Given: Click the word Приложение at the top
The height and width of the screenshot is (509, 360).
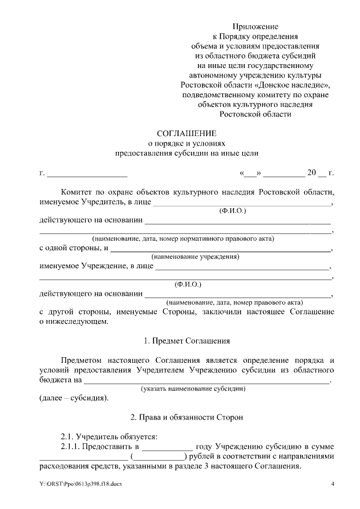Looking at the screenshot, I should click(x=256, y=26).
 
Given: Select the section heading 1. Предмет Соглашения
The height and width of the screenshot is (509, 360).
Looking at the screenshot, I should click(x=187, y=340).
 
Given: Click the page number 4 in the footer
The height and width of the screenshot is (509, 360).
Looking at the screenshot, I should click(x=332, y=484).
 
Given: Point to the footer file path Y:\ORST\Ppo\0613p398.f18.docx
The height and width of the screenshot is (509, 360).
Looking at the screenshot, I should click(x=80, y=484).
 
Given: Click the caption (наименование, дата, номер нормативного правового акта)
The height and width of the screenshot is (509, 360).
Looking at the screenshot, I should click(x=183, y=238).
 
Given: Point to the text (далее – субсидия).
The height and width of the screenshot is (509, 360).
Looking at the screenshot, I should click(x=74, y=398).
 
